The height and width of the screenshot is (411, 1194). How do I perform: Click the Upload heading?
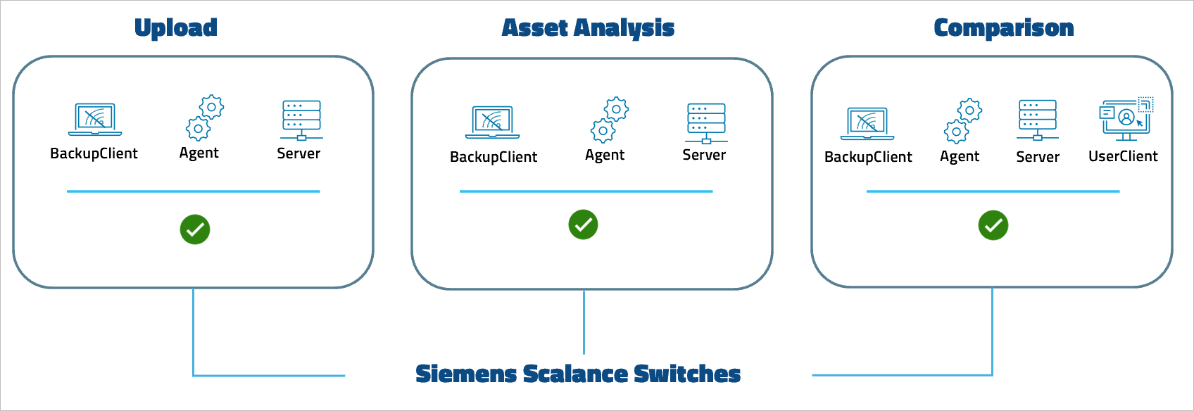point(176,27)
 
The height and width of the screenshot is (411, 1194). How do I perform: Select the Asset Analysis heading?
point(588,28)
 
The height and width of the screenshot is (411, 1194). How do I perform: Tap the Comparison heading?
point(1003,28)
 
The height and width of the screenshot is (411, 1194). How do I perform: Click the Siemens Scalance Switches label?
point(578,374)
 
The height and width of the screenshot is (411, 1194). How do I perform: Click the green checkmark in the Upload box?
point(195,229)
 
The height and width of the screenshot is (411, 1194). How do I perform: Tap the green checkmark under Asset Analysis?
point(583,225)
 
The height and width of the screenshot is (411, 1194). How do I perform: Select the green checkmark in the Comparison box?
point(993,225)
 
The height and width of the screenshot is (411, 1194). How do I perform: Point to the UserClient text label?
point(1122,156)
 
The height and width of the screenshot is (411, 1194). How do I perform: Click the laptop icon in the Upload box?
point(95,119)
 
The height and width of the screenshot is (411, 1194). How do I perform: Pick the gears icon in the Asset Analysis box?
point(609,120)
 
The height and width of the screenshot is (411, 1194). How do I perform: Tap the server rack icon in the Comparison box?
point(1037,119)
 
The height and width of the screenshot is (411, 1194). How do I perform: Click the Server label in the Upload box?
point(298,153)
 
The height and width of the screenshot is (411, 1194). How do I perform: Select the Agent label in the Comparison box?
point(959,156)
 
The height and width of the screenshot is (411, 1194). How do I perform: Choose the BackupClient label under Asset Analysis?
point(494,157)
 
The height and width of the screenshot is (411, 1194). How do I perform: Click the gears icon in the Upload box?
point(204,118)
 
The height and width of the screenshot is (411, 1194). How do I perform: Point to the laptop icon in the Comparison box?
point(867,123)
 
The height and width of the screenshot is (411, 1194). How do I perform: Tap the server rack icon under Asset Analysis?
point(705,122)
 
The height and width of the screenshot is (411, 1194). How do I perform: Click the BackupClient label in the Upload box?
point(94,153)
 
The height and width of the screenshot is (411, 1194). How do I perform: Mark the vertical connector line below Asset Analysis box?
point(584,321)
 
